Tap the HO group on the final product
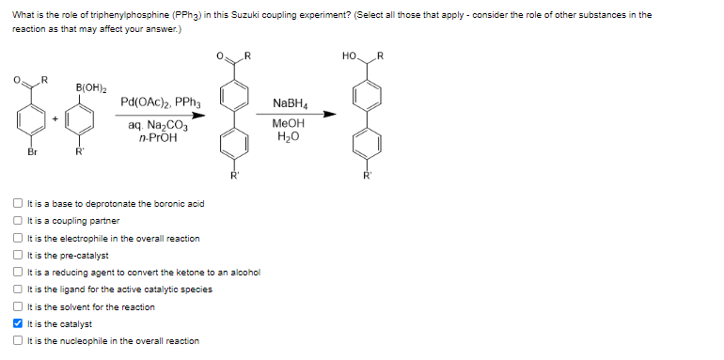pyautogui.click(x=351, y=57)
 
